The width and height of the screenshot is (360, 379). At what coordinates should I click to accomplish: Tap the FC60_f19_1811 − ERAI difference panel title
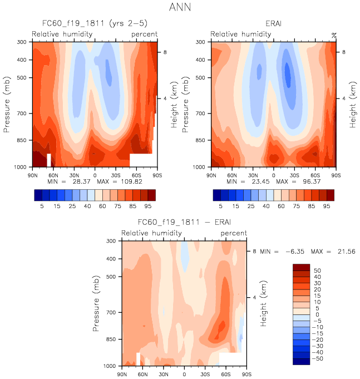pos(183,222)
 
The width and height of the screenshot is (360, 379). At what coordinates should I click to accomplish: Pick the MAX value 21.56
pos(346,252)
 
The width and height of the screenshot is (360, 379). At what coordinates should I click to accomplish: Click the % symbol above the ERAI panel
pos(334,35)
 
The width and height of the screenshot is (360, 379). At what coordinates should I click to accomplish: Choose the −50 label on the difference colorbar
pos(317,360)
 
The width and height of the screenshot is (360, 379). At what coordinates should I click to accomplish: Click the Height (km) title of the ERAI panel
pos(353,104)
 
